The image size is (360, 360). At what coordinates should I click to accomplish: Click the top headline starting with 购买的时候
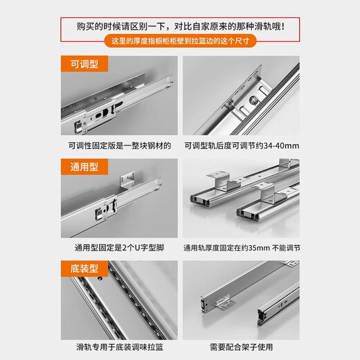pyautogui.click(x=180, y=28)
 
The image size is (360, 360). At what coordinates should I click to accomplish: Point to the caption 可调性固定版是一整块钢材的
pyautogui.click(x=119, y=147)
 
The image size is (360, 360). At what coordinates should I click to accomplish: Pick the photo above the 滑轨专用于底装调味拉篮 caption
pyautogui.click(x=119, y=298)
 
